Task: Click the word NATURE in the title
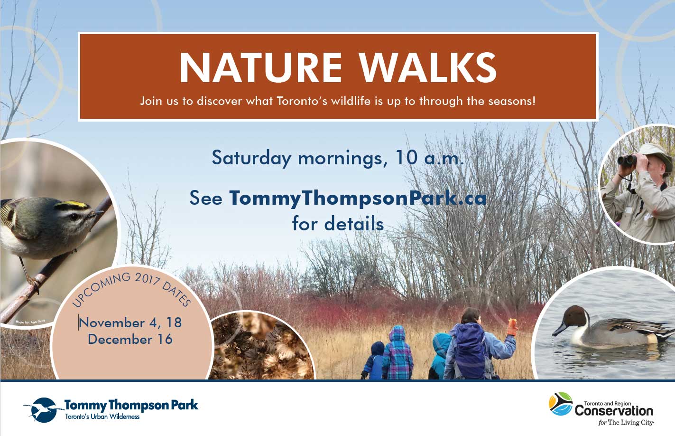(x=260, y=67)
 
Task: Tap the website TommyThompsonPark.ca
(x=358, y=198)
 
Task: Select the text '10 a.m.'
(x=429, y=158)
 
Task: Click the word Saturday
(x=251, y=158)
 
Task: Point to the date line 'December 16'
(x=130, y=339)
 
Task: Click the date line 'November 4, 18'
(x=130, y=322)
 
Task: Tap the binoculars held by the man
(x=628, y=161)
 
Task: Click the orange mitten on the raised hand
(x=512, y=327)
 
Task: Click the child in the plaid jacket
(x=398, y=354)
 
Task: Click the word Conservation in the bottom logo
(x=614, y=411)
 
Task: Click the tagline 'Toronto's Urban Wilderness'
(x=102, y=417)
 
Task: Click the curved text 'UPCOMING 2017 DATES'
(x=131, y=285)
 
